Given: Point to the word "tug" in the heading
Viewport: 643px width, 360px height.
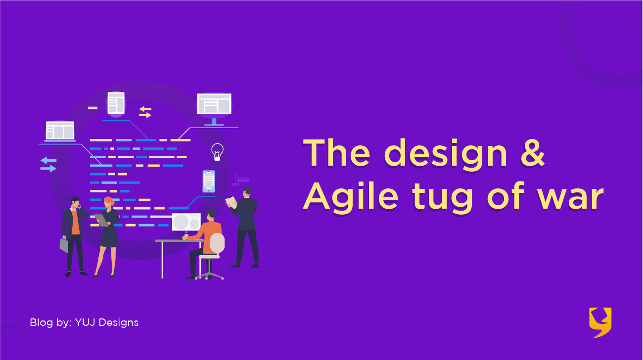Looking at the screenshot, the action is [x=442, y=199].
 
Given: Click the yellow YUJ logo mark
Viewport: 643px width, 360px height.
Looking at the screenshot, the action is [x=600, y=322].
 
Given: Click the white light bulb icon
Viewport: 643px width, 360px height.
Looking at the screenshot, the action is [x=217, y=152].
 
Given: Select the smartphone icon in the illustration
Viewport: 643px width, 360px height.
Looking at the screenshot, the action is [x=209, y=181].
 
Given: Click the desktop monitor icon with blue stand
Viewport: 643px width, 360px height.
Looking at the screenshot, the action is [x=214, y=109].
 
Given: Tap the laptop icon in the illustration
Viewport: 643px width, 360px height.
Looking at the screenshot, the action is [x=60, y=131].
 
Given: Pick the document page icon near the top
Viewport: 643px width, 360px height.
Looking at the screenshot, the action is [x=116, y=103].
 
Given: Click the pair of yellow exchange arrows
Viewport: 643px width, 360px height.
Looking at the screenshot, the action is [x=145, y=112].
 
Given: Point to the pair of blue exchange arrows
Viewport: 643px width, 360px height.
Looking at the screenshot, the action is [x=48, y=165].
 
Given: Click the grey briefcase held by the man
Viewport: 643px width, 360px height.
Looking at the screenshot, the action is [x=64, y=245].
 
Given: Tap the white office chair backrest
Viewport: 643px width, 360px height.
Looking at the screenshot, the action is [x=217, y=243].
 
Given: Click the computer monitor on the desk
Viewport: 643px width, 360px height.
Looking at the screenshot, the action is [x=186, y=222].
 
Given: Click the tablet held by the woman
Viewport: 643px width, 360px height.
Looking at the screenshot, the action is [x=101, y=220].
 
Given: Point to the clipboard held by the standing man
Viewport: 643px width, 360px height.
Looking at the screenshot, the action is [x=231, y=202].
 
